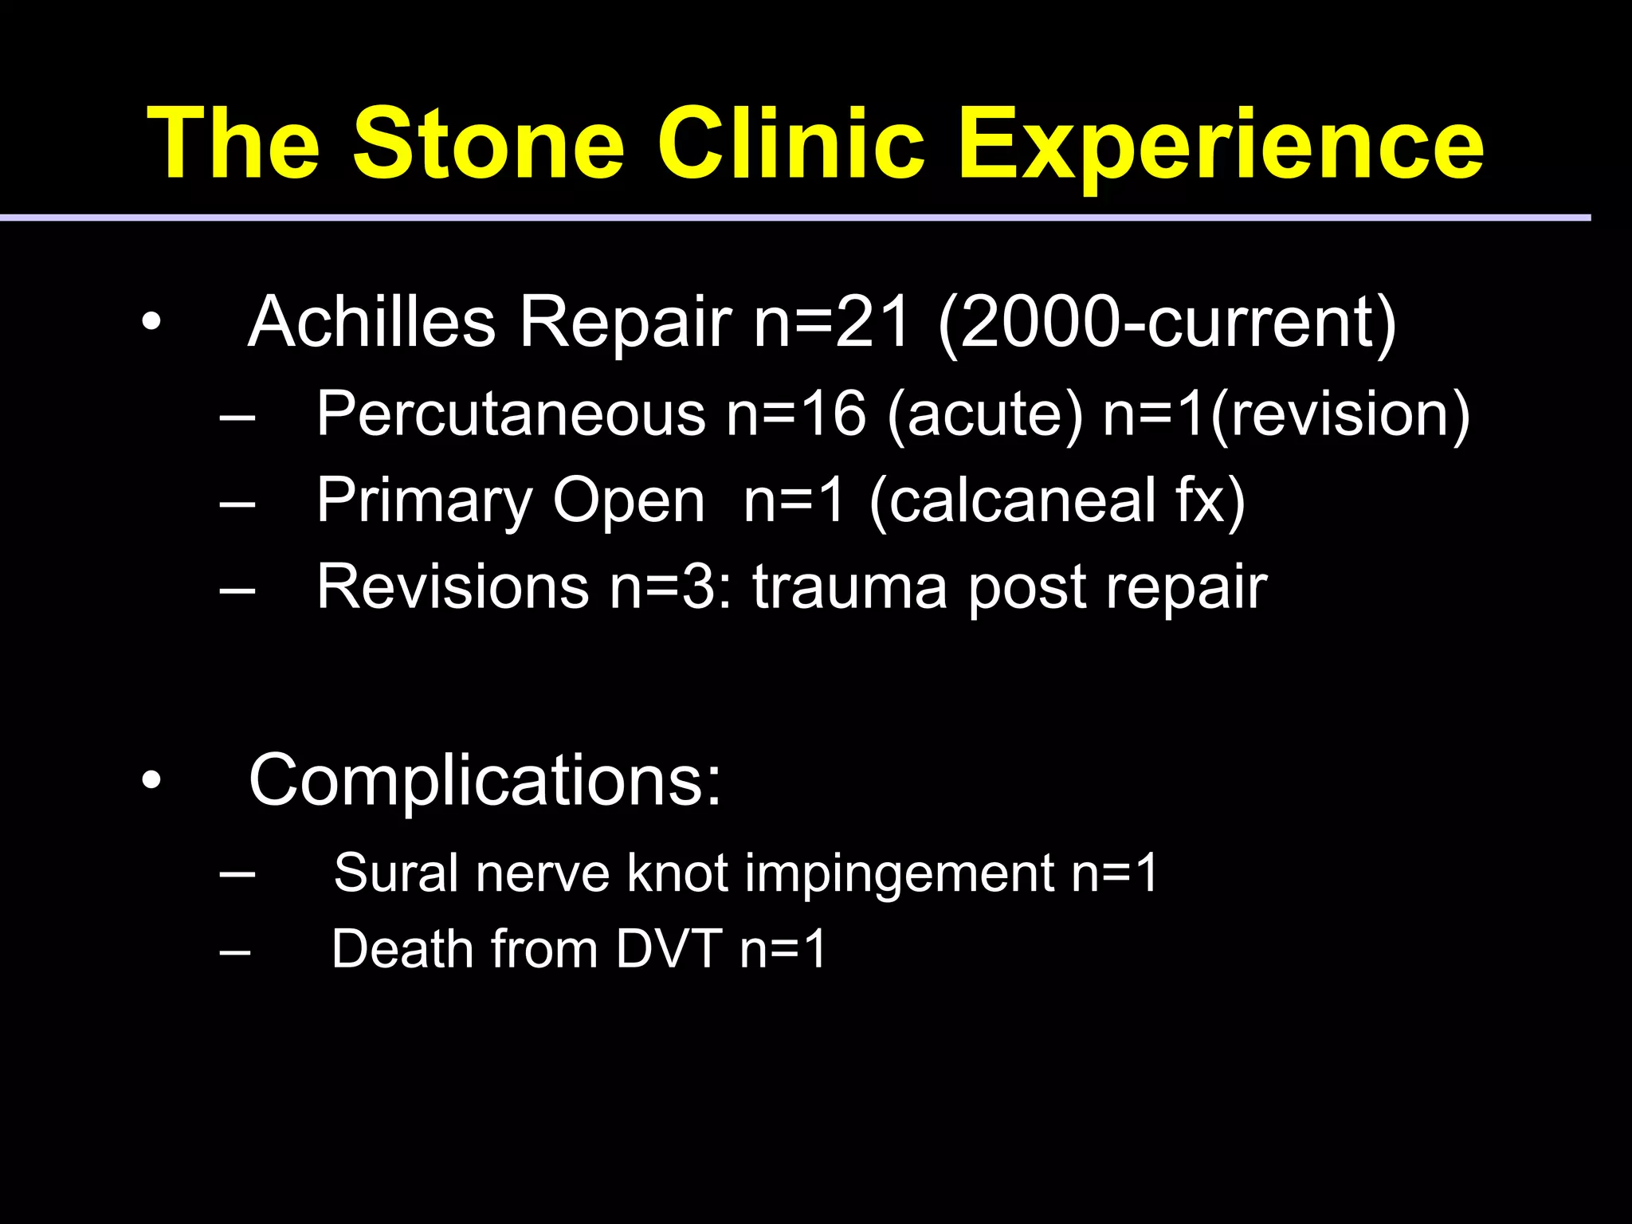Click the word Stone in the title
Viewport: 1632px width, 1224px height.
coord(488,145)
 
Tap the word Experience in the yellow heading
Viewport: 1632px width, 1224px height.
coord(1220,145)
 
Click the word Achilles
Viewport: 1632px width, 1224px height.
coord(372,323)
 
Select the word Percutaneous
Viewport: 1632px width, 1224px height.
coord(511,414)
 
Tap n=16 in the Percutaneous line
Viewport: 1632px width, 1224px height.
coord(795,414)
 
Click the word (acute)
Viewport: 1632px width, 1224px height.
coord(985,414)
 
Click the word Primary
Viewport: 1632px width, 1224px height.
coord(424,501)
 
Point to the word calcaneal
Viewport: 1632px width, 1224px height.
coord(1022,501)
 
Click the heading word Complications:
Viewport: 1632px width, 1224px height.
coord(484,780)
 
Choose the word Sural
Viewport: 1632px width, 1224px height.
coord(396,873)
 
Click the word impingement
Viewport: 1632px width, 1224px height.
coord(900,873)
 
